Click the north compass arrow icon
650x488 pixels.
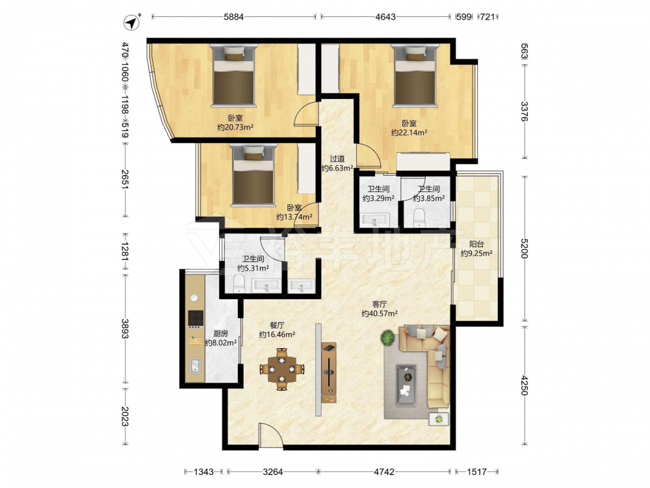(x=132, y=22)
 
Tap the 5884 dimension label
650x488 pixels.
(x=234, y=17)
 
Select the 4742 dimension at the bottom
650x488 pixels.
(x=384, y=472)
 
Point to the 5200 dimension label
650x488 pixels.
(x=524, y=248)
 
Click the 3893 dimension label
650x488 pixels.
(x=125, y=329)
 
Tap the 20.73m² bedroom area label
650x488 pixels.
(x=235, y=128)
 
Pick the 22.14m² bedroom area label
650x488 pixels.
(x=409, y=133)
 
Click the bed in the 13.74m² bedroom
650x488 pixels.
(x=253, y=175)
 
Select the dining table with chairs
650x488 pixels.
(x=282, y=369)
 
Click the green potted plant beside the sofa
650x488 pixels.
(x=388, y=338)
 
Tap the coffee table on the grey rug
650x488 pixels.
(x=406, y=385)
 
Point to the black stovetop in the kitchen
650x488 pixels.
(x=196, y=319)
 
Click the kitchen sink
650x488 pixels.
(x=195, y=366)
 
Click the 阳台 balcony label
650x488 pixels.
(x=476, y=244)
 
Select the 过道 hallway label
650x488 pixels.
(x=337, y=159)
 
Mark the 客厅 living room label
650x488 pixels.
(x=380, y=304)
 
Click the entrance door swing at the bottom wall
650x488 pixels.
(x=270, y=436)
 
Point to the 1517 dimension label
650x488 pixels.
(x=476, y=472)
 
